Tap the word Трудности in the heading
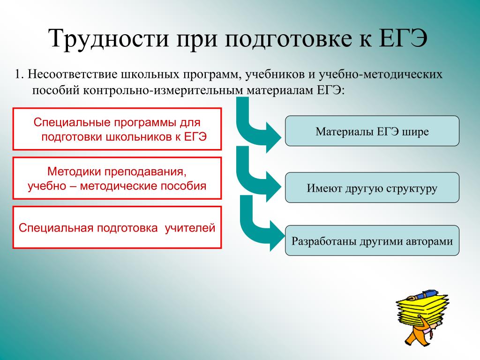[x=109, y=38]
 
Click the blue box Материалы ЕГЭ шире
[x=372, y=131]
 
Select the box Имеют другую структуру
[x=372, y=187]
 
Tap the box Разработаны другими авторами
[x=372, y=240]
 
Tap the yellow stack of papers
[x=422, y=309]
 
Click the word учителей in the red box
[x=190, y=228]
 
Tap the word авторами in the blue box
[x=429, y=241]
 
